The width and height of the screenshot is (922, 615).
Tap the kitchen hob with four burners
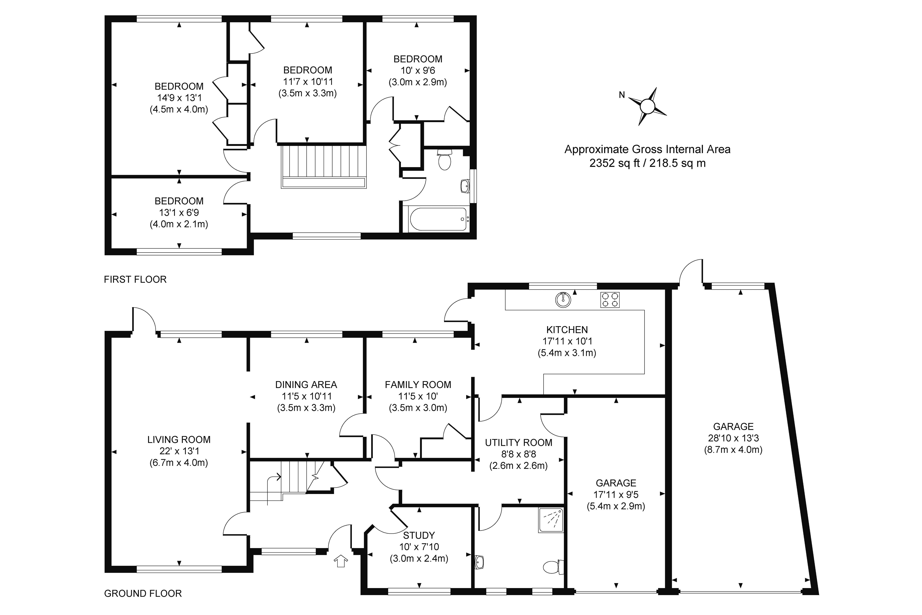610,300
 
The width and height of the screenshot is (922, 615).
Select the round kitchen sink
563,300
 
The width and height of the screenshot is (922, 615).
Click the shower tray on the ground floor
551,520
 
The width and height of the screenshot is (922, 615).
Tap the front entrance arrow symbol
341,561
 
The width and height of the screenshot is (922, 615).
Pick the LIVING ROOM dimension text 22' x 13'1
179,451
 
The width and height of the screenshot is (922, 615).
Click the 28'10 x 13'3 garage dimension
733,438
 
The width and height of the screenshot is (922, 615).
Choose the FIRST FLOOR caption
135,279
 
